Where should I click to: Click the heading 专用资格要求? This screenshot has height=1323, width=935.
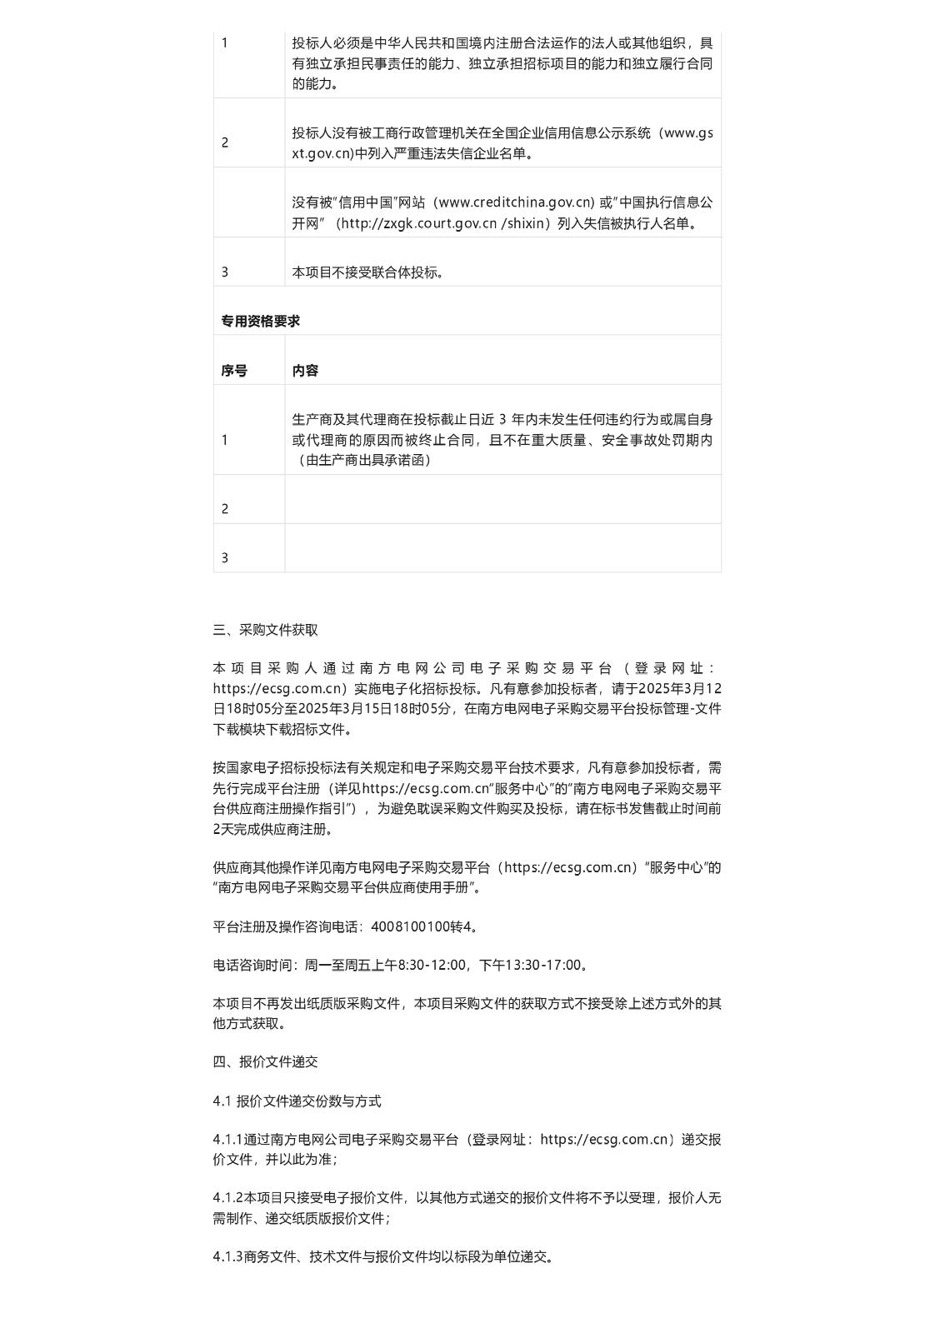(x=260, y=321)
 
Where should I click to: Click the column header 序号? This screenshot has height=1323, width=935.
(x=233, y=371)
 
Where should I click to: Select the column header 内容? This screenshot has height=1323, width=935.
(x=305, y=371)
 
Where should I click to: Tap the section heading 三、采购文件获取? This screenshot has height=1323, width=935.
(x=265, y=630)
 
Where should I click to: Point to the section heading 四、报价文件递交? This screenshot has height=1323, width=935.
(x=265, y=1061)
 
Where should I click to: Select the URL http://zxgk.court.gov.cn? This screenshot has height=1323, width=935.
(x=417, y=223)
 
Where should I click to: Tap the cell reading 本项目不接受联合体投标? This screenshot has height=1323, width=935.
(x=367, y=272)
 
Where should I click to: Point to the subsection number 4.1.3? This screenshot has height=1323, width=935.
(x=227, y=1256)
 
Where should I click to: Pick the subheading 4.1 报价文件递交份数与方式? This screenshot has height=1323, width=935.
(x=297, y=1101)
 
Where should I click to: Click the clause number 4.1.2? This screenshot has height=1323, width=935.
(x=227, y=1197)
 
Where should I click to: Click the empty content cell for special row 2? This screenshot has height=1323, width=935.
(x=502, y=500)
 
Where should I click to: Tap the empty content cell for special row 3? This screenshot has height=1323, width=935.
(x=502, y=548)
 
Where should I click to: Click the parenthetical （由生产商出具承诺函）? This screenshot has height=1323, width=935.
(x=362, y=460)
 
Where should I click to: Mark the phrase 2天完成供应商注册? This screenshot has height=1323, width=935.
(x=271, y=829)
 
